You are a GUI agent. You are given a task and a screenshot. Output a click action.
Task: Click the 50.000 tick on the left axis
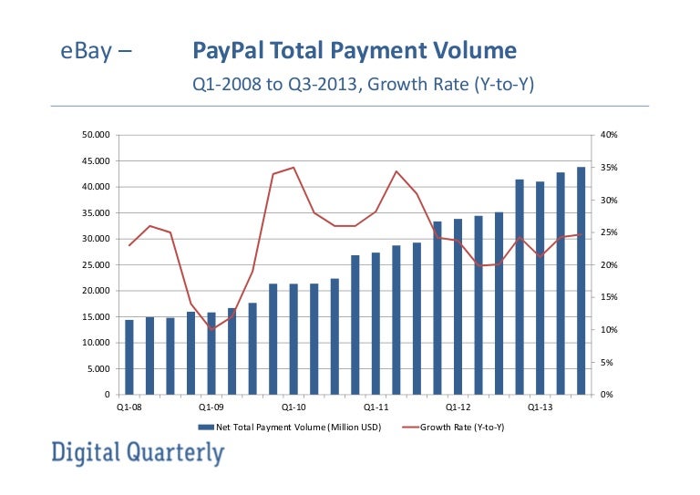97,135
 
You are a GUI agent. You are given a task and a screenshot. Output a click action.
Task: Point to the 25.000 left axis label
97,265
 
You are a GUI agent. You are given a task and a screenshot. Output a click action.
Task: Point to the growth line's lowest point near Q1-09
211,329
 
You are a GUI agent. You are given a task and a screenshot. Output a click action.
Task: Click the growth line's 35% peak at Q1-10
293,168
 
